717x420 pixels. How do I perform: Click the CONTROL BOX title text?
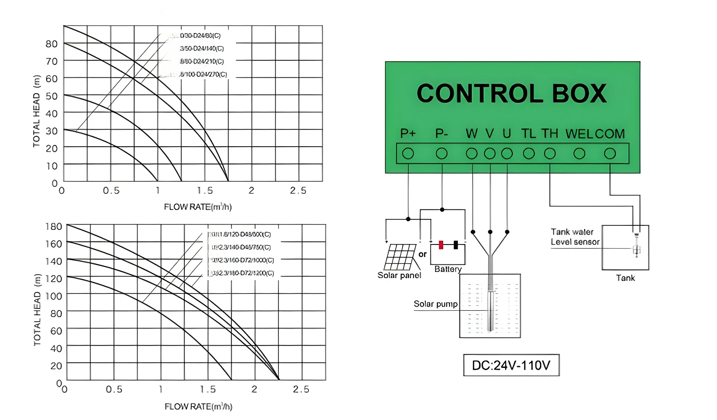(x=512, y=94)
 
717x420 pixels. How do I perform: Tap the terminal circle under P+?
(x=408, y=154)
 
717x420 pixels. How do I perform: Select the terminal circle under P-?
(x=441, y=154)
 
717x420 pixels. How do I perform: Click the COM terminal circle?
(x=610, y=154)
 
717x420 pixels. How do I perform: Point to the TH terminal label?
(x=550, y=133)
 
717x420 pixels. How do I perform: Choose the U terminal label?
(x=507, y=133)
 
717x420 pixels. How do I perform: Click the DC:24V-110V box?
(x=511, y=365)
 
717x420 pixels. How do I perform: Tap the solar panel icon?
(x=400, y=257)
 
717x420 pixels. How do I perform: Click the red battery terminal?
(x=441, y=245)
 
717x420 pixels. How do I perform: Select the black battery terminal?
(x=455, y=245)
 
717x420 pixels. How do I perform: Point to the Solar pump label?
(x=435, y=304)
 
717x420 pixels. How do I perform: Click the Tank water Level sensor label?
(x=575, y=237)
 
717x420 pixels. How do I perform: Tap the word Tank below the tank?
(x=625, y=278)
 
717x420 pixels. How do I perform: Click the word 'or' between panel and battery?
(x=423, y=254)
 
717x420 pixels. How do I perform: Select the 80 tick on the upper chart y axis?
(x=52, y=44)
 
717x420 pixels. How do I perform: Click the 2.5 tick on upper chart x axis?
(x=298, y=191)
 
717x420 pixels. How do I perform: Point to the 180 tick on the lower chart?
(x=53, y=226)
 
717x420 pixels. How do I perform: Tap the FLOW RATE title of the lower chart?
(x=198, y=406)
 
